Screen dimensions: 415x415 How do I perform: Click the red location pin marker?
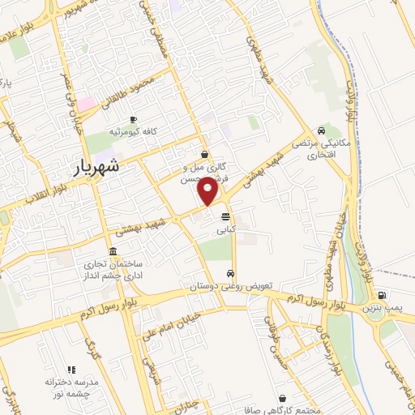click(210, 191)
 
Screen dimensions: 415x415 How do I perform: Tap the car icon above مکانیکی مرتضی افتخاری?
click(322, 131)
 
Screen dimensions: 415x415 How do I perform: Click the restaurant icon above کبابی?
click(225, 216)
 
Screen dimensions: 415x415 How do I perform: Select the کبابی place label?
click(225, 231)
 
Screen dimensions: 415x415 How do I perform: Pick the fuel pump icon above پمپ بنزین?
click(381, 295)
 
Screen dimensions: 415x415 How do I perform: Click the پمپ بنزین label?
click(381, 310)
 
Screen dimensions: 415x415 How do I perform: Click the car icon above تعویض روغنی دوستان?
click(232, 273)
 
